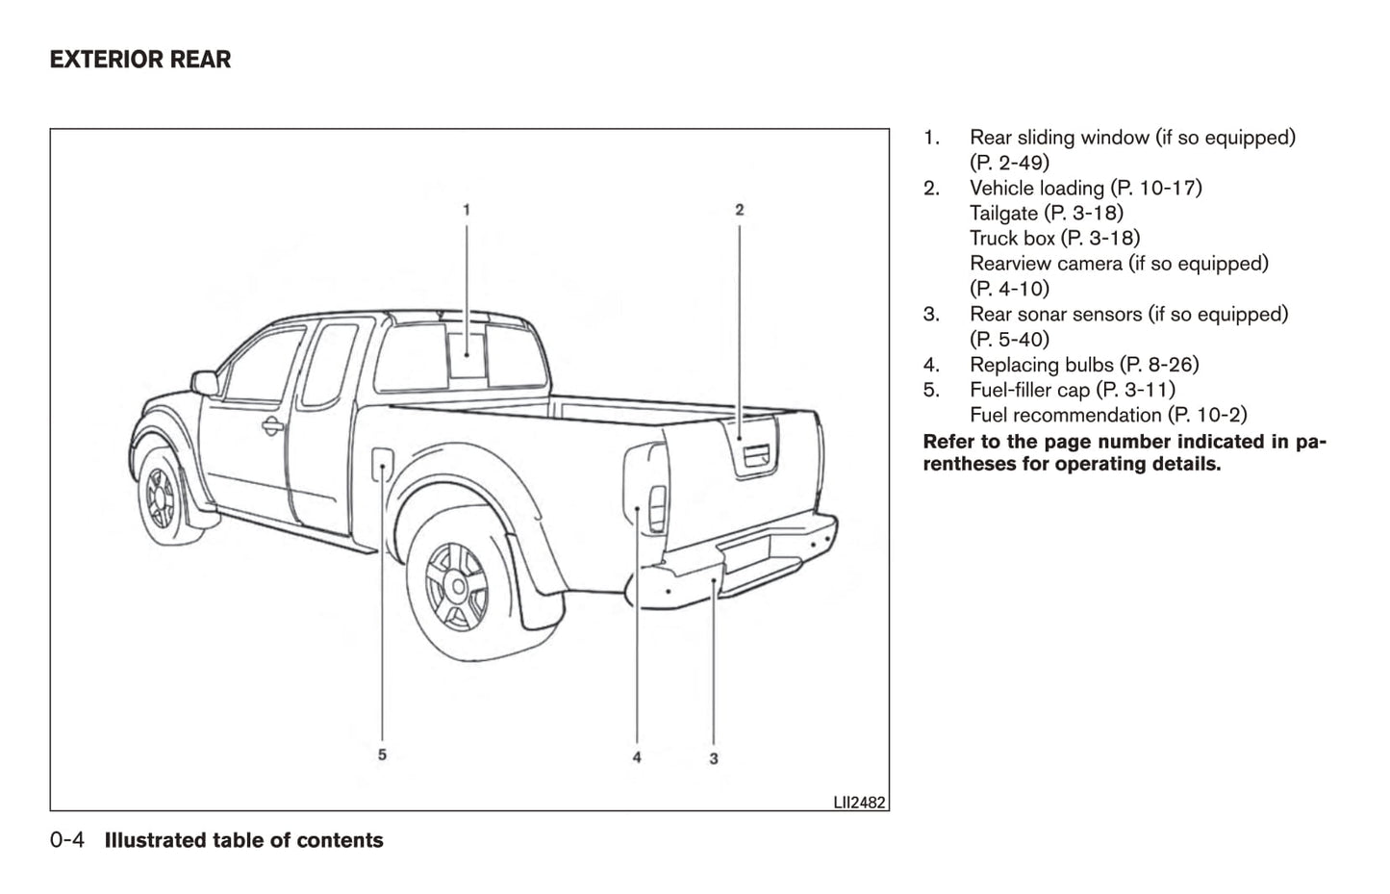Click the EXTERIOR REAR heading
pos(140,60)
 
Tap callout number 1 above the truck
pos(467,209)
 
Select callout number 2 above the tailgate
pos(739,209)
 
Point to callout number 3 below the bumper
pos(713,758)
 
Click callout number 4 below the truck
pos(637,757)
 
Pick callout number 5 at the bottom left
pos(382,754)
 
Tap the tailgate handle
pos(753,457)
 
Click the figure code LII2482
pos(859,802)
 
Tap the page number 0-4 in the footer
pos(67,840)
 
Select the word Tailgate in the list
pos(1003,213)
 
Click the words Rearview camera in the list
pos(1046,263)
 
